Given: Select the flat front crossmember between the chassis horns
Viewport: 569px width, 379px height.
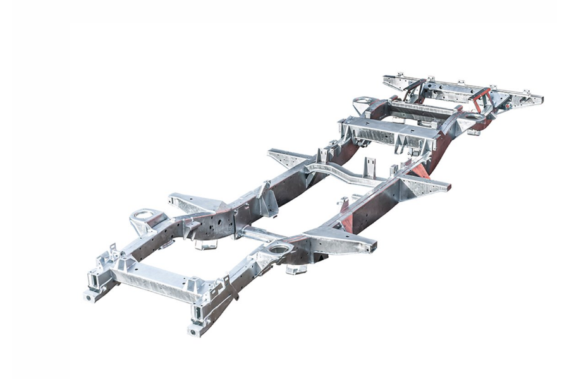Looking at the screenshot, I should (x=152, y=282).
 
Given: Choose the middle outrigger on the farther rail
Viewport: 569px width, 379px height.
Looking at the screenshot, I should (x=288, y=158).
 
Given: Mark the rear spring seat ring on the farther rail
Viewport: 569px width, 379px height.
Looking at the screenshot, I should (x=364, y=101).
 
